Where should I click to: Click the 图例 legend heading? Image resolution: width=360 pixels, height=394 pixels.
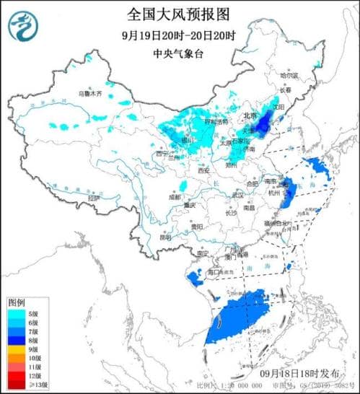pos(17,302)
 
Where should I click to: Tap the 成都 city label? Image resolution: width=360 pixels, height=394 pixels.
pos(175,196)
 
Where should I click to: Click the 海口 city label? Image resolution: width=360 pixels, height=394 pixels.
pos(214,272)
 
